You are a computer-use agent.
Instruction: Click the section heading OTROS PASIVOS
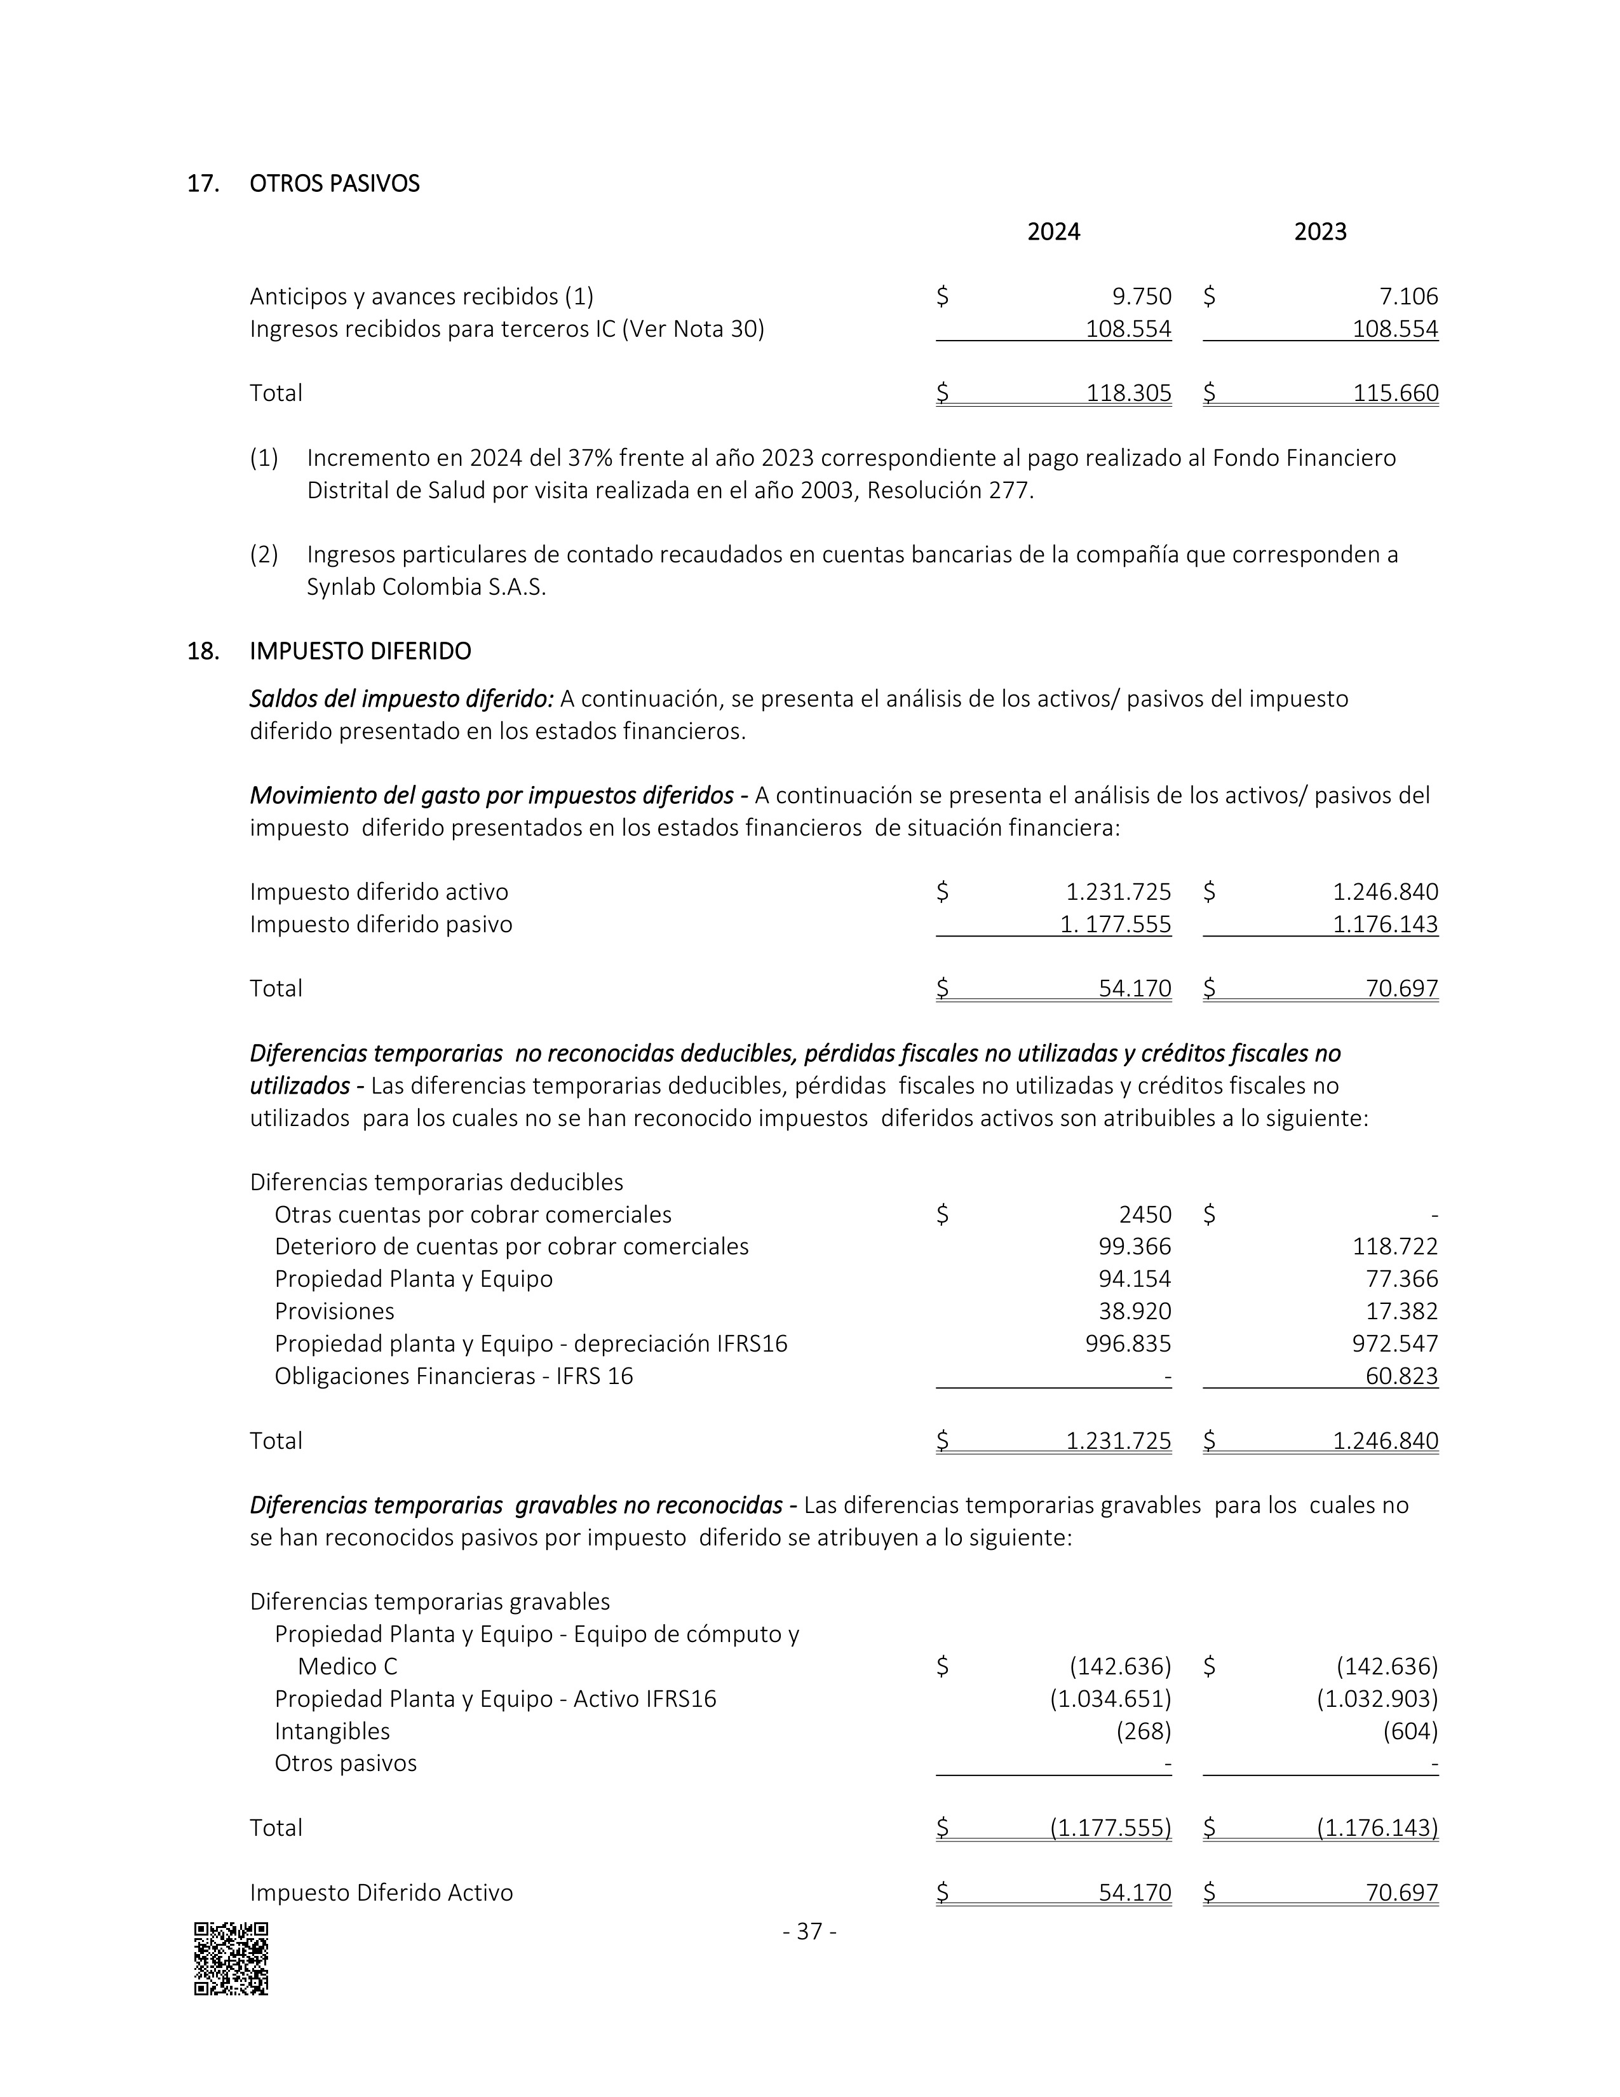pos(334,184)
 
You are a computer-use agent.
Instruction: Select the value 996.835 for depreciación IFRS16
pos(1129,1344)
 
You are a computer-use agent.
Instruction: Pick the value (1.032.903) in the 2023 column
pos(1377,1699)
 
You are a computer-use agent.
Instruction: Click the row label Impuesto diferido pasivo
pos(381,925)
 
